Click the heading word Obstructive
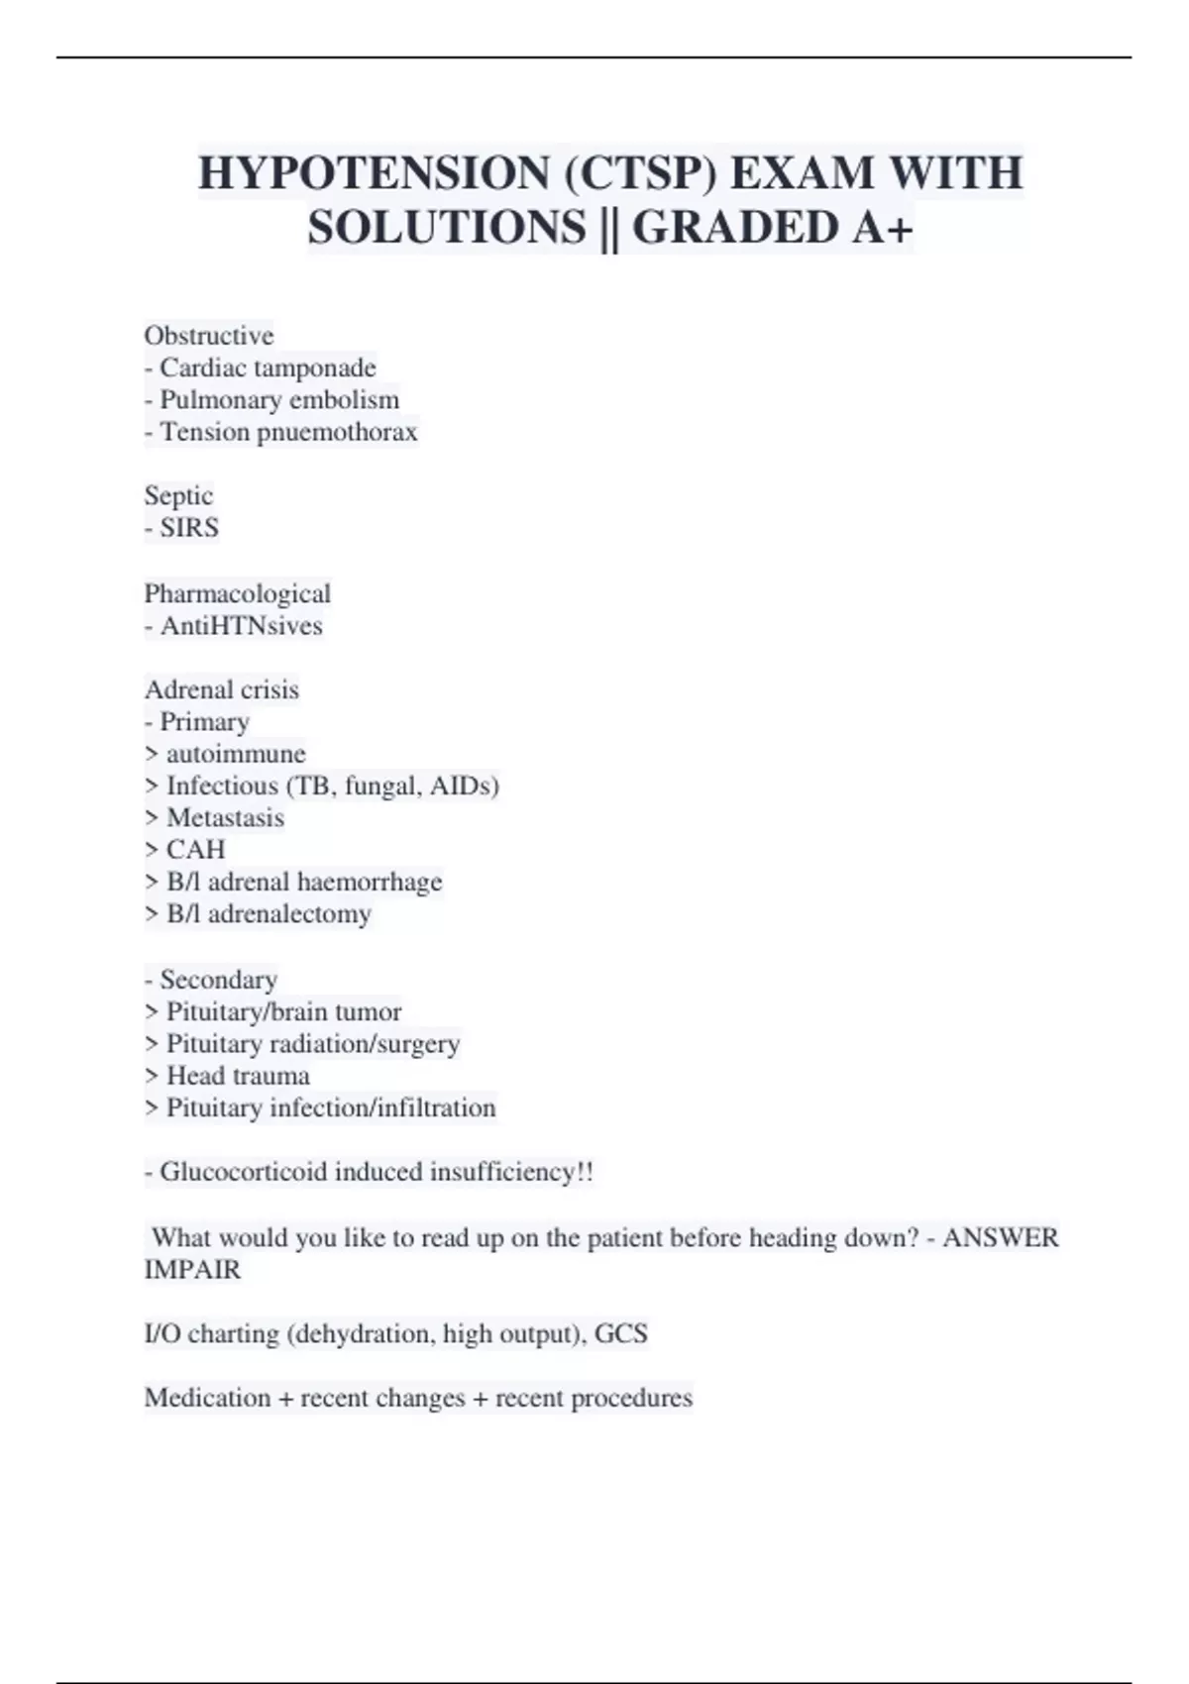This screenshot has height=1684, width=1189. coord(209,335)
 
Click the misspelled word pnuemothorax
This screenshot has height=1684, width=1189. coord(338,432)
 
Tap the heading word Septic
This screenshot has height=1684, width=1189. coord(178,495)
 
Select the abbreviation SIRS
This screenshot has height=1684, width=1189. coord(189,527)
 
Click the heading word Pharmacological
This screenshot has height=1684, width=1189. coord(238,593)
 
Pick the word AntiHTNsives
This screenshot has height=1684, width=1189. coord(242,626)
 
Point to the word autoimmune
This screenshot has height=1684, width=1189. coord(236,754)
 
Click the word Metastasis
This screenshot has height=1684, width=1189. coord(225,817)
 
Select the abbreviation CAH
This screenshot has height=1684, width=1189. coord(196,850)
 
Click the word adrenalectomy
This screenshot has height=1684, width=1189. coord(289,913)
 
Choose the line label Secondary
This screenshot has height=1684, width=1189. coord(218,980)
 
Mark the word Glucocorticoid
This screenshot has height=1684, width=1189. coord(244,1172)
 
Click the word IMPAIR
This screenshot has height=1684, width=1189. coord(192,1269)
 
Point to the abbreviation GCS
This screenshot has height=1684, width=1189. coord(621,1333)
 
